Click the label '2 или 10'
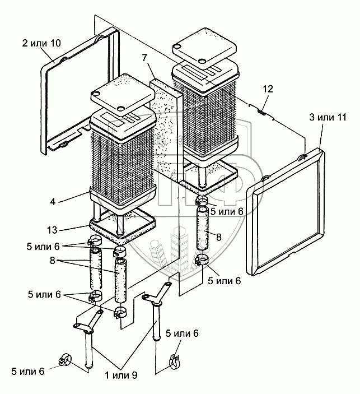(41, 43)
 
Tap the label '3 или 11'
(328, 117)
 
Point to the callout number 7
(144, 58)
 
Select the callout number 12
(268, 89)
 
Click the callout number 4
(53, 202)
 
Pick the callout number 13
(52, 230)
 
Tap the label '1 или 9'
(121, 376)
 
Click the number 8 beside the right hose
(219, 237)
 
